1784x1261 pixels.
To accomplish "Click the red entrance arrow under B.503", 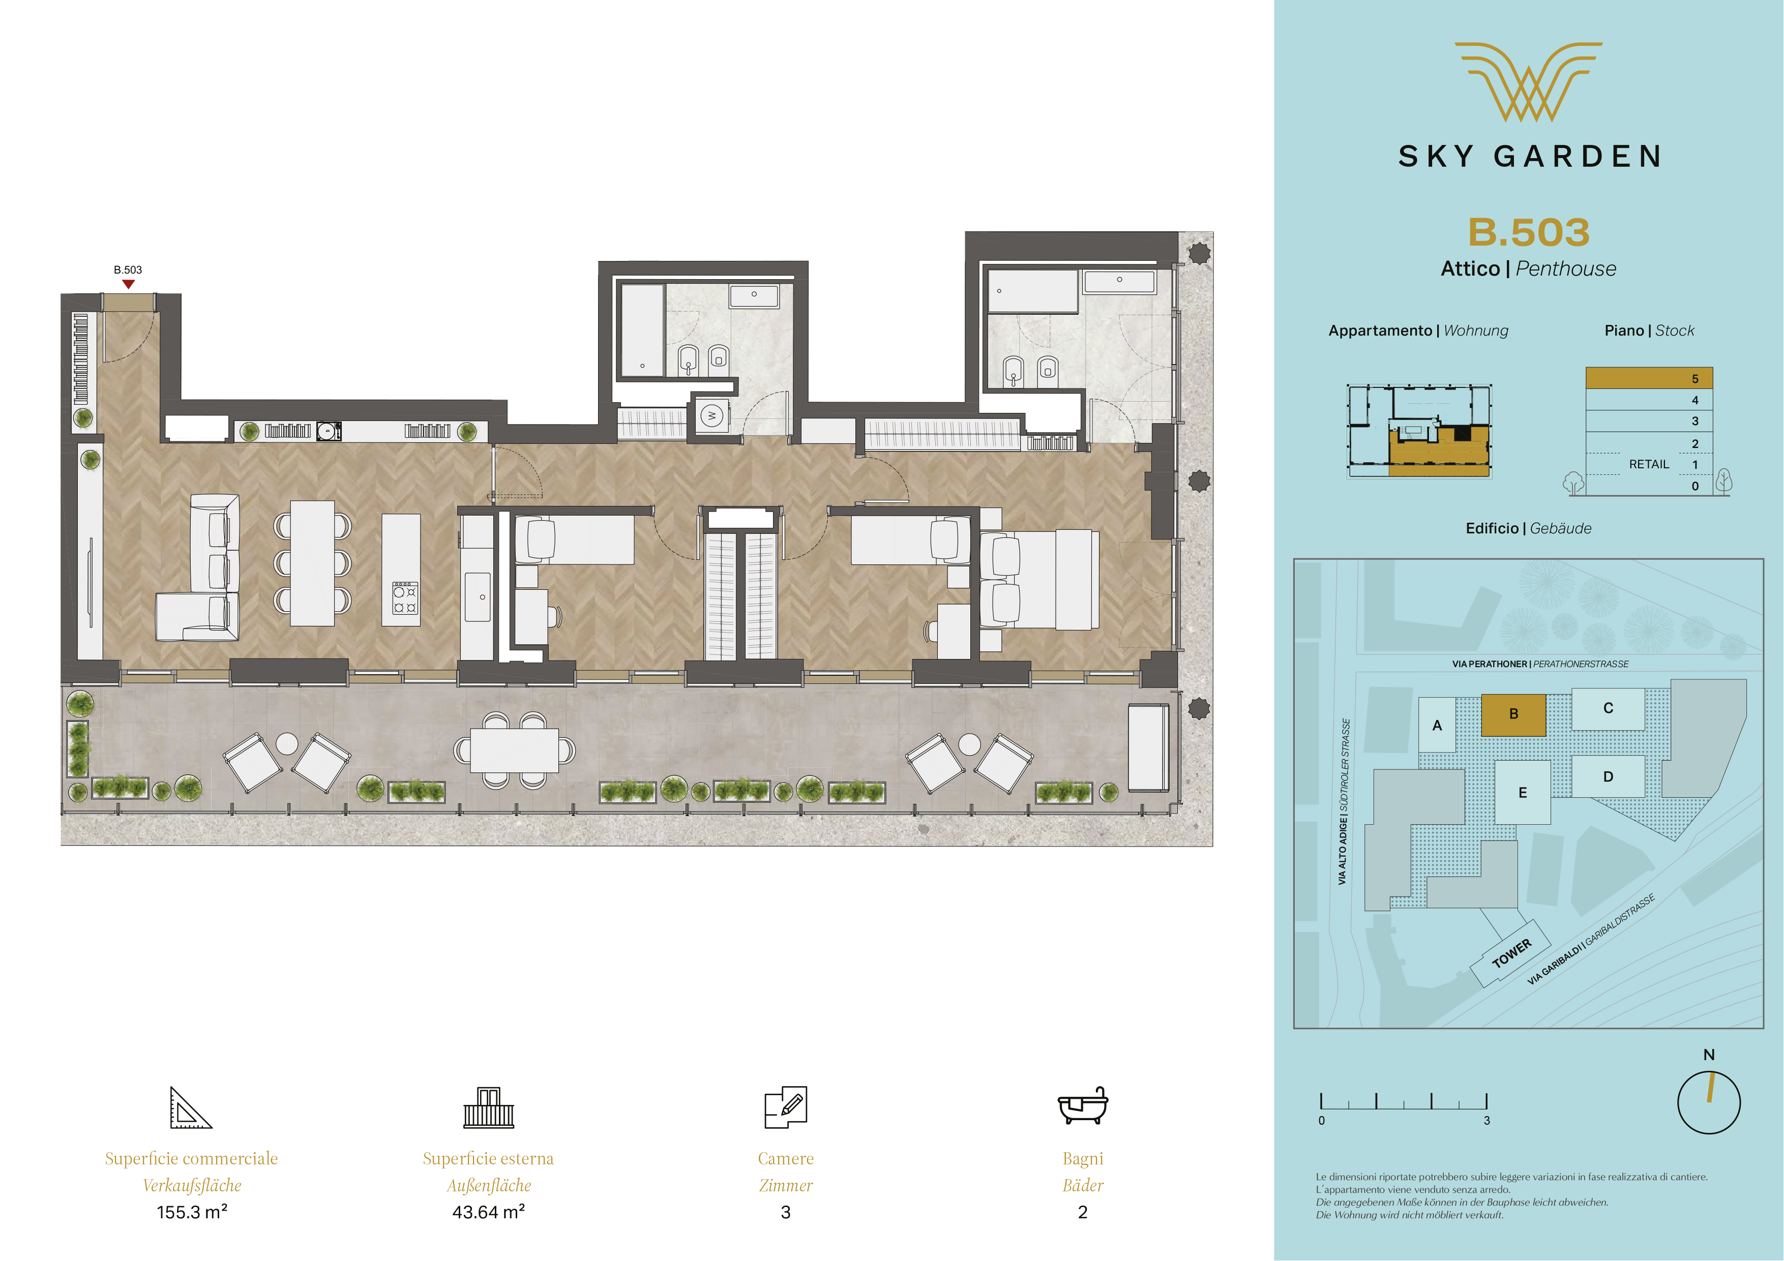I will (x=128, y=284).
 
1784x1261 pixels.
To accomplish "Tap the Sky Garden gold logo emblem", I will (x=1528, y=81).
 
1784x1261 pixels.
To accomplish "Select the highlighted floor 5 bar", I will (x=1649, y=378).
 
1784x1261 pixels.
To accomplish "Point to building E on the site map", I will (x=1522, y=793).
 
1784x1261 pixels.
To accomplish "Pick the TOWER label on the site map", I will (x=1511, y=953).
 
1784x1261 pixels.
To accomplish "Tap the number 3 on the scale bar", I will (x=1486, y=1120).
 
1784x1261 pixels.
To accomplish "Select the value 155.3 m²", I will (x=192, y=1212).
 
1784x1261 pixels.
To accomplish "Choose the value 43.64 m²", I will (x=488, y=1212).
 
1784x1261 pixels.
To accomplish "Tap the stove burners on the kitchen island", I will (x=404, y=598).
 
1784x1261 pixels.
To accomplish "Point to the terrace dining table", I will (x=514, y=750).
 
